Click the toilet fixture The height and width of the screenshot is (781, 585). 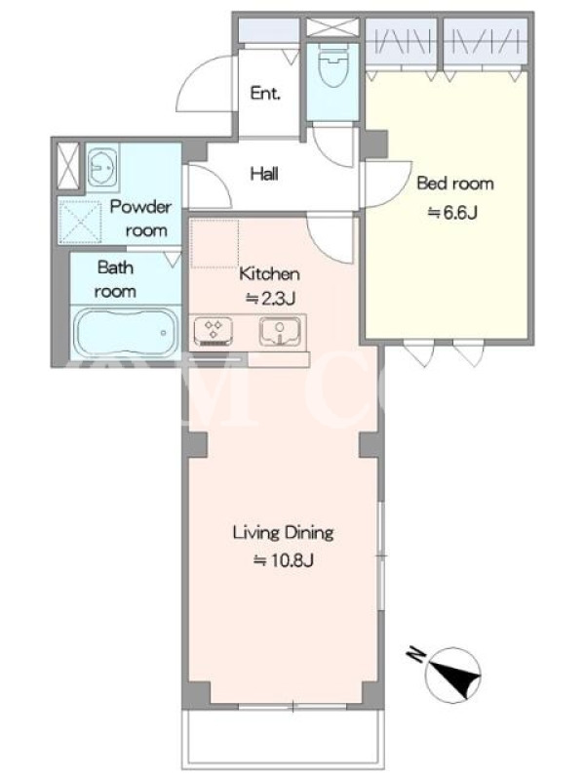point(331,65)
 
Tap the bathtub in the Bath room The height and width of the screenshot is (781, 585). point(127,333)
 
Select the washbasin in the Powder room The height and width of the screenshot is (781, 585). point(102,167)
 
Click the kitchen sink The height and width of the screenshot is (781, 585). point(280,331)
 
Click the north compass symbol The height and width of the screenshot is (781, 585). point(453,675)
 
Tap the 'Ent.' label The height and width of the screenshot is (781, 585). point(265,93)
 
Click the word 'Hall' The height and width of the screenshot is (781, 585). point(264,174)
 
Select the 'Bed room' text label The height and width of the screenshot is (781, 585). point(455,184)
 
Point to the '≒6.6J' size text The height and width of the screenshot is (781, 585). point(452,213)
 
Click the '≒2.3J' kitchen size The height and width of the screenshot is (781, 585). point(270,299)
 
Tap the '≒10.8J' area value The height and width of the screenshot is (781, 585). point(284,560)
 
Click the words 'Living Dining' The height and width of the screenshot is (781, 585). point(283,533)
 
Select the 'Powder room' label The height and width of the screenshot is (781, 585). point(140,218)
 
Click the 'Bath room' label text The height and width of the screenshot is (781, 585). point(115,279)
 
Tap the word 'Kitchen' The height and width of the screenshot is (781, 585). point(270,273)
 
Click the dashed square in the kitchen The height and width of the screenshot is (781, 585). point(214,243)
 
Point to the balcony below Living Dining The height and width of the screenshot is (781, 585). point(283,737)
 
